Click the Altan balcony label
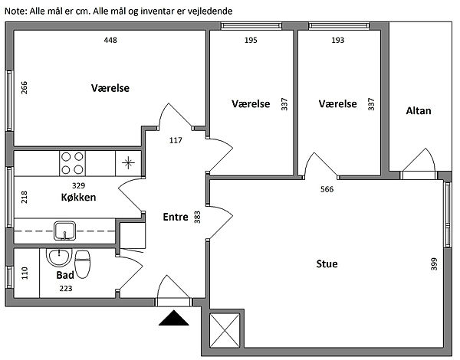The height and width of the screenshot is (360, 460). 419,111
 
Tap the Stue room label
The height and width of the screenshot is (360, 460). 327,263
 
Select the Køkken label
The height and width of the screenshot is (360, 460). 78,197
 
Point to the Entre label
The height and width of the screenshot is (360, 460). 176,217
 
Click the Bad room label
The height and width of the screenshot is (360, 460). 65,275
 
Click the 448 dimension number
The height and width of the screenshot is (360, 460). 110,40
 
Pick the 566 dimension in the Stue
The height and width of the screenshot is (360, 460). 327,189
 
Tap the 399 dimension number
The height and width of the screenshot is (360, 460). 435,263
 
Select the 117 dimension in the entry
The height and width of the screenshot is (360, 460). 176,140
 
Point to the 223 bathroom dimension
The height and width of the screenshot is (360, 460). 66,289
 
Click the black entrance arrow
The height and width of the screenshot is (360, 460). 174,318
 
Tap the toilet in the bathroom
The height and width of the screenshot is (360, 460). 83,263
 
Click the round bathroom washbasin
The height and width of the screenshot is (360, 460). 59,257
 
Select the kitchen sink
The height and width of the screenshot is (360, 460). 64,231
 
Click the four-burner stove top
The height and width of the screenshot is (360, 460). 72,163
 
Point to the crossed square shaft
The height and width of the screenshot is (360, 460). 225,330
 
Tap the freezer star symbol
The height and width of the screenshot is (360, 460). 128,163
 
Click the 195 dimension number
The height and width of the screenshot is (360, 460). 251,40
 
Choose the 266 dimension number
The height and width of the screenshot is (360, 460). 24,87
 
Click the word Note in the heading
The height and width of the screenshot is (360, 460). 16,11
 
